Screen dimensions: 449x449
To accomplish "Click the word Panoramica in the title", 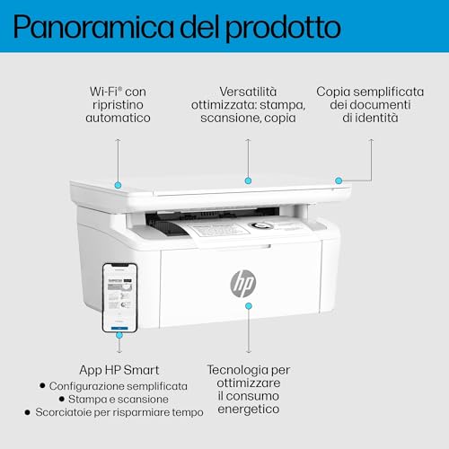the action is point(93,27).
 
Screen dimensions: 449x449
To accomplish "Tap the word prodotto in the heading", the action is point(283,29).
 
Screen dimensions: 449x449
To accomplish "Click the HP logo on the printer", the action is point(242,283).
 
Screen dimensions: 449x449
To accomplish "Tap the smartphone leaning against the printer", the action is point(120,298).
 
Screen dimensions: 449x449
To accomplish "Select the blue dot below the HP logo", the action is point(249,306).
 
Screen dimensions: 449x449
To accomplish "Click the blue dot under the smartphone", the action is point(119,335).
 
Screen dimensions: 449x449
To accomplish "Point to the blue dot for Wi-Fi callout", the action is point(118,185).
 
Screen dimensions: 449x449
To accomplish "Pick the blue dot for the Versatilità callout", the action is point(248,180).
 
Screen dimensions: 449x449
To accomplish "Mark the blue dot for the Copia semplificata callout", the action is point(339,180).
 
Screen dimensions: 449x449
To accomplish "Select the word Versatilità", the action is point(248,92).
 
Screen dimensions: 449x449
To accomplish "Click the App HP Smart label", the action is point(119,370).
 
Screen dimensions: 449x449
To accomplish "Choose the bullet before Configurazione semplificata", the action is point(42,385).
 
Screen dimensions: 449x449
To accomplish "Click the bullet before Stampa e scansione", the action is point(62,399).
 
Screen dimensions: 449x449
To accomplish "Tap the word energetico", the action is point(249,409).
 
